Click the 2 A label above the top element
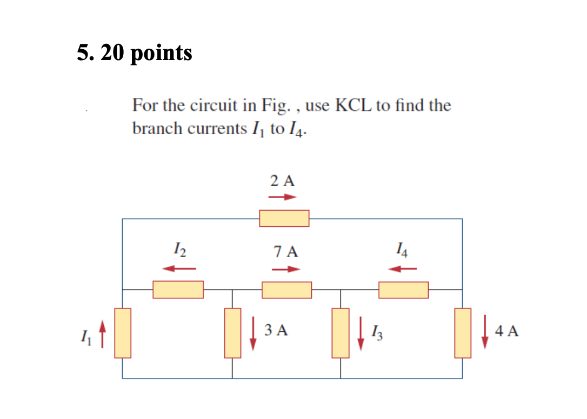[283, 181]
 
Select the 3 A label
[276, 330]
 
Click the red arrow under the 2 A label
[283, 197]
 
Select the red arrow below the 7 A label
[285, 269]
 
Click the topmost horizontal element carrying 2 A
[284, 218]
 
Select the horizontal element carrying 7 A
[286, 290]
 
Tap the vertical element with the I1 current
[123, 333]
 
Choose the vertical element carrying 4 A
[463, 333]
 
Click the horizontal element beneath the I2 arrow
[178, 290]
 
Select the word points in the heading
[161, 53]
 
